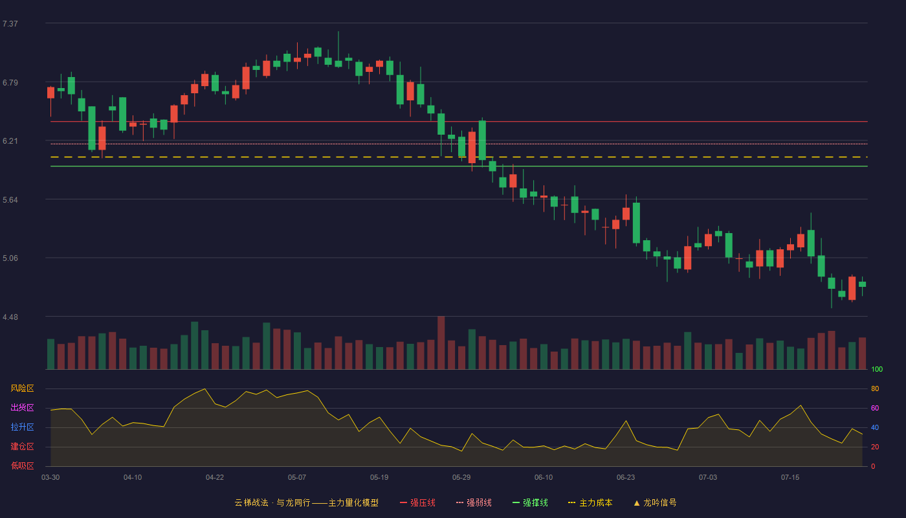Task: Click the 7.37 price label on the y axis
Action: pos(10,24)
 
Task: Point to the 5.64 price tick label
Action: pos(10,200)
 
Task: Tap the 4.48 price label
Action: pos(10,317)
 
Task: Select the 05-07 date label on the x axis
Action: pos(297,478)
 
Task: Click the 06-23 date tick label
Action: pos(626,478)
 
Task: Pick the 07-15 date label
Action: pos(790,478)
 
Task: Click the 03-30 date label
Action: pos(50,478)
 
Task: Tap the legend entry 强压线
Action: pos(417,502)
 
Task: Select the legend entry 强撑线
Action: pos(530,502)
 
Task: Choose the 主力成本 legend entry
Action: pos(590,502)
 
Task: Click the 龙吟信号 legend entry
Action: pos(655,502)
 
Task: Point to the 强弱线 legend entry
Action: pos(474,502)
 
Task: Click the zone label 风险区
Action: pos(22,388)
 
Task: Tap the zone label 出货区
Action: pos(22,407)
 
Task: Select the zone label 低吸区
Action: pos(22,466)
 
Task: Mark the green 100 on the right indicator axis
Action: pos(877,369)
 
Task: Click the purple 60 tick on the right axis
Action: pos(875,408)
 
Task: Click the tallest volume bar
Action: pos(441,343)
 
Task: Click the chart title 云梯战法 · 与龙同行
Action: pos(272,502)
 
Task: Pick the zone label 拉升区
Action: pos(22,427)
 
